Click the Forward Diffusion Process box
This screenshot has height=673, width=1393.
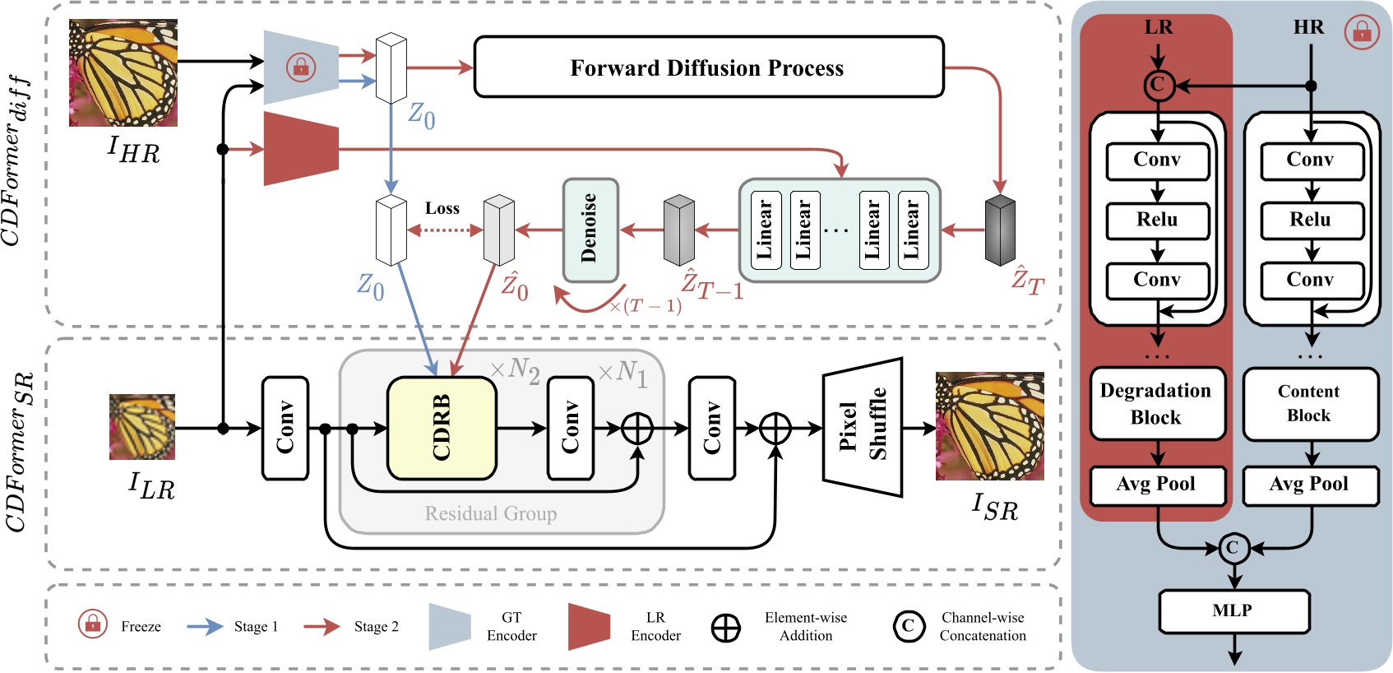(708, 67)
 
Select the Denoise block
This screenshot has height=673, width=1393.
(590, 230)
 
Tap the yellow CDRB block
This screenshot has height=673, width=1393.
(442, 428)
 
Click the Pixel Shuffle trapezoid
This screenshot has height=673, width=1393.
(863, 427)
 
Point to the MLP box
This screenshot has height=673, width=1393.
(1233, 610)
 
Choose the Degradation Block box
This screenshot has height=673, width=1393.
(1156, 403)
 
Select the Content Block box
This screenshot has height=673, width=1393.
(1309, 403)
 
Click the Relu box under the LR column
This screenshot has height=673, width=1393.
(1157, 220)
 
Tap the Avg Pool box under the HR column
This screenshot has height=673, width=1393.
(1309, 484)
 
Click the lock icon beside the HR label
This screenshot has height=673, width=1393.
(1362, 33)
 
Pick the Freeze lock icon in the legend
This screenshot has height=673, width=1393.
(93, 624)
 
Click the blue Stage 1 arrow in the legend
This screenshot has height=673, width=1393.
(206, 626)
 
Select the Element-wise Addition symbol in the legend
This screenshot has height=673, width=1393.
(725, 628)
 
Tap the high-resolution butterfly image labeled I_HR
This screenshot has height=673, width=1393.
(123, 72)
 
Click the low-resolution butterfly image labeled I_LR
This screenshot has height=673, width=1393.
(141, 426)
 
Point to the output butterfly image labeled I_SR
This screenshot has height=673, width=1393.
(989, 426)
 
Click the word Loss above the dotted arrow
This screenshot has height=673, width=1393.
(442, 208)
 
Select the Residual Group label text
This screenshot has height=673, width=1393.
(491, 513)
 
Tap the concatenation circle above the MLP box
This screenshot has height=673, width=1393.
(1233, 548)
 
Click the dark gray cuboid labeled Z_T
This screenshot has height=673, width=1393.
(1000, 230)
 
